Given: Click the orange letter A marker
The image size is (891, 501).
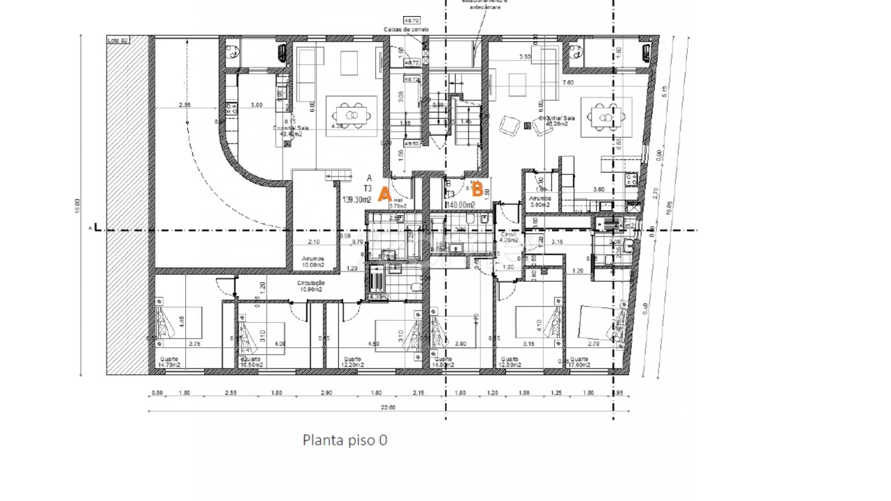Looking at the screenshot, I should coord(384,195).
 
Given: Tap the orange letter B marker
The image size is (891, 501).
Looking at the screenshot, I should coord(477,189).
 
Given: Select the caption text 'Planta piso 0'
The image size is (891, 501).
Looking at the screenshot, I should coord(345,440).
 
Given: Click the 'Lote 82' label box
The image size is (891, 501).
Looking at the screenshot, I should coord(118,40).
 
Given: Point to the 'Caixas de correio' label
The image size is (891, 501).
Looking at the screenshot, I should coord(406,30).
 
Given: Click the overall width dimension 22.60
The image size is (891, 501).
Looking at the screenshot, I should coord(388,407).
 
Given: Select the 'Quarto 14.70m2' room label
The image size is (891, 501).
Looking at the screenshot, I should coord(168,362).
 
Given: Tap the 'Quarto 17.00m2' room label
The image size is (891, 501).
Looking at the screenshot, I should coord(579,362).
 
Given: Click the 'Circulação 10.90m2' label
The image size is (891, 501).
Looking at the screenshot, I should coord(310,286).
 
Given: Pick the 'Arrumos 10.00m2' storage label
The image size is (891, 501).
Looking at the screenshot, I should coord(313,262).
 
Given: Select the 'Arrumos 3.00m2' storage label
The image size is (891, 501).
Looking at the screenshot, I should coord(539,202).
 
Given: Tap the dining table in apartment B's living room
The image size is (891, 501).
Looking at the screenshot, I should coord(606,116).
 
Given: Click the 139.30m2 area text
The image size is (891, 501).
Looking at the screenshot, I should coord(356,200).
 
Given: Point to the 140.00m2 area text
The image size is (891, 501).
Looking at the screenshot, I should coord(460,205).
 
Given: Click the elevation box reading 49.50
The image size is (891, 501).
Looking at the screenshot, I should coord(411,144).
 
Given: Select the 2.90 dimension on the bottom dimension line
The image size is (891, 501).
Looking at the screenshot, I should coord(326,393).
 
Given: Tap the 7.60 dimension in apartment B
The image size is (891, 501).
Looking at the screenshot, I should coord(567,82).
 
